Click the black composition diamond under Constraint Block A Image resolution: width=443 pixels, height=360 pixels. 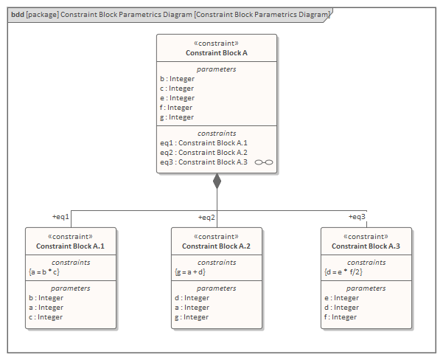pos(217,181)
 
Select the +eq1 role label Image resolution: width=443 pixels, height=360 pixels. pos(60,217)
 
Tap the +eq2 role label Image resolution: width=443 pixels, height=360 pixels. pos(206,218)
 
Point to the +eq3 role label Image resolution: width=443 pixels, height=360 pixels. pos(357,217)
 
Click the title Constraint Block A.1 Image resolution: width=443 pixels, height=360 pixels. pos(70,246)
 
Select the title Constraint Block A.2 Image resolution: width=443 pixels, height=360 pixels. pos(217,246)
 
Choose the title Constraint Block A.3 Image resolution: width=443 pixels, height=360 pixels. pos(366,246)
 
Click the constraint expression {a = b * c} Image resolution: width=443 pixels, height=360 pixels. pos(44,272)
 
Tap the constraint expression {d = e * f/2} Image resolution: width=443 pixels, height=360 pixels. pos(343,272)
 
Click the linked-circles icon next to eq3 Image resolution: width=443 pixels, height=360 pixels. pos(264,162)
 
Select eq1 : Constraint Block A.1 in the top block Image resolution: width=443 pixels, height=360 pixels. pos(203,143)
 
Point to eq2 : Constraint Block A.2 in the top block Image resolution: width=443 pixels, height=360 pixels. pos(203,153)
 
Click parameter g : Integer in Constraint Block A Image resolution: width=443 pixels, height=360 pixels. pos(177,117)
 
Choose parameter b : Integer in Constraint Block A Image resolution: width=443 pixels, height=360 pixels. pos(177,79)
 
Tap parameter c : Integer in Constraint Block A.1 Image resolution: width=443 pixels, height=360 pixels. pos(46,317)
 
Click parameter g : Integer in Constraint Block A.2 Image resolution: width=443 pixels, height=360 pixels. pos(192,317)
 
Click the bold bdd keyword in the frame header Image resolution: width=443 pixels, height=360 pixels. pos(17,15)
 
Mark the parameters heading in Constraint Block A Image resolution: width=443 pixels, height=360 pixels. pos(217,69)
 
